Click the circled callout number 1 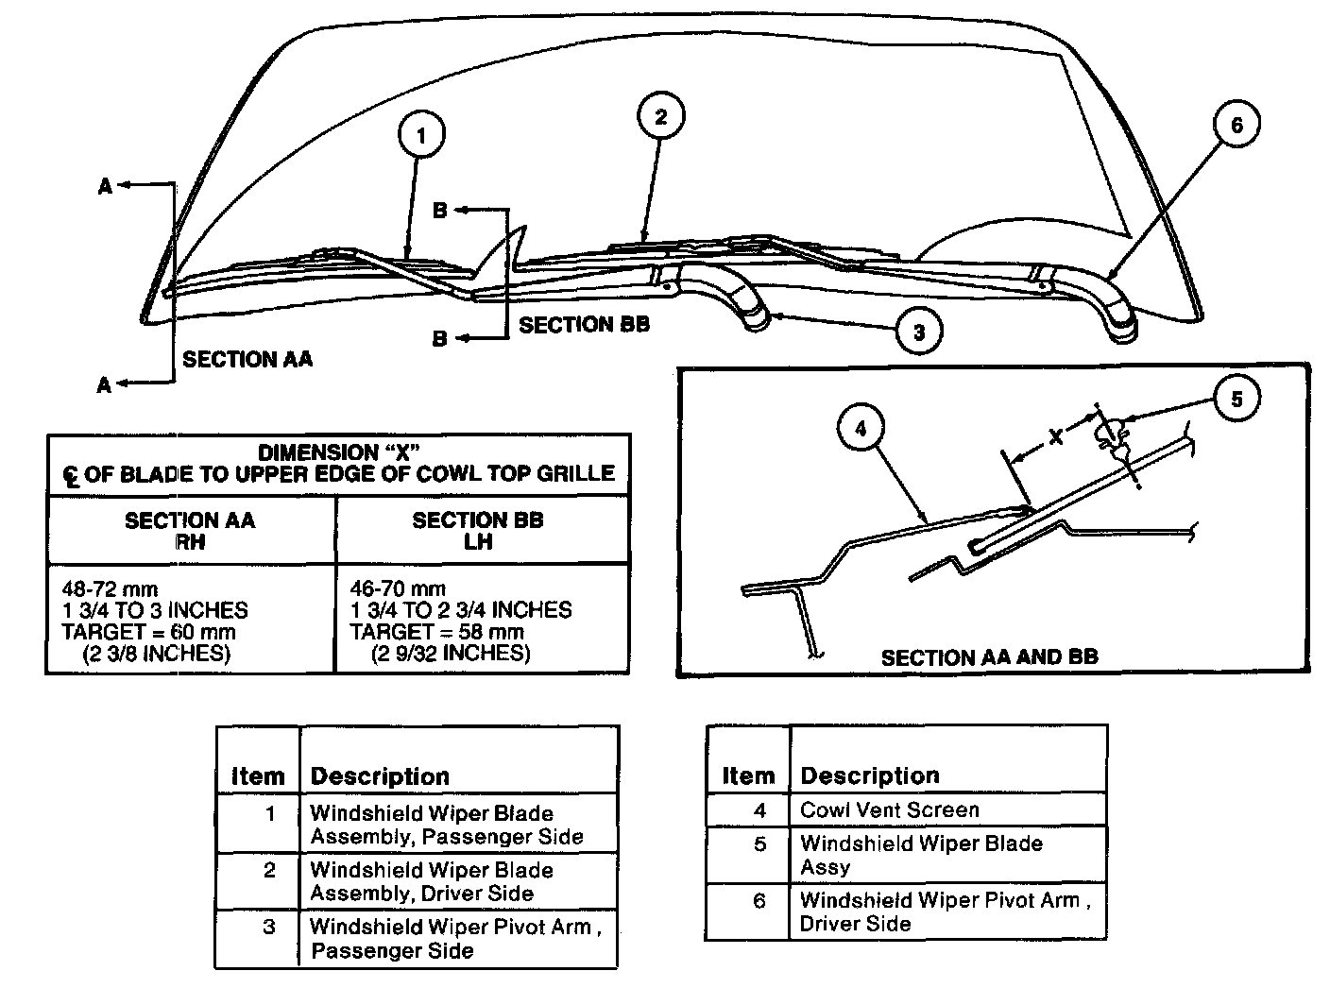tap(420, 136)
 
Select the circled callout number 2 tap(660, 116)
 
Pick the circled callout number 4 tap(861, 429)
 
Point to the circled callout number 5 tap(1236, 400)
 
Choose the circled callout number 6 tap(1236, 124)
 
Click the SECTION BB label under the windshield tap(584, 325)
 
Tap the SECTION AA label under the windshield tap(247, 359)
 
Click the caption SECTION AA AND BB tap(989, 656)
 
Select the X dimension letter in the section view tap(1056, 435)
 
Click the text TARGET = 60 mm tap(148, 632)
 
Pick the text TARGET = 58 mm tap(436, 632)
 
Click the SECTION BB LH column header tap(478, 531)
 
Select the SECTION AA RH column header tap(190, 531)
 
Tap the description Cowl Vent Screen tap(889, 809)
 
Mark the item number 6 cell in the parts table tap(759, 901)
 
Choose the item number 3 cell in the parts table tap(269, 927)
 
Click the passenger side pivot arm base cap tap(758, 321)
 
